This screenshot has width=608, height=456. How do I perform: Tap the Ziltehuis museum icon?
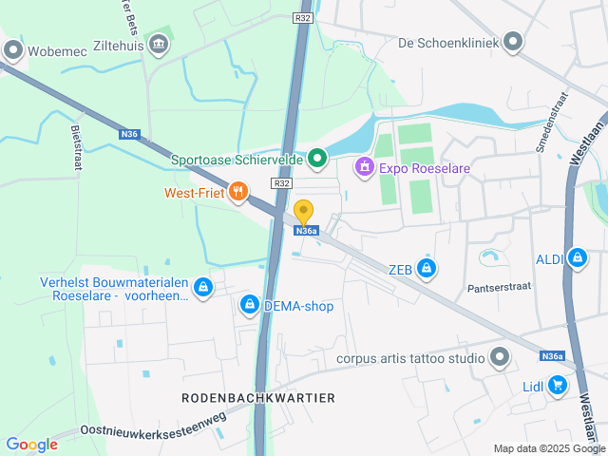click(x=160, y=43)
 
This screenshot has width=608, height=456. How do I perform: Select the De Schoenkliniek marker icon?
click(x=514, y=42)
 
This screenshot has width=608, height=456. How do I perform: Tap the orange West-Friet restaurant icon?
click(x=237, y=191)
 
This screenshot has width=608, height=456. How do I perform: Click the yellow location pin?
click(x=304, y=212)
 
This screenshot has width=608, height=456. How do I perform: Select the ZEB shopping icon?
click(x=427, y=269)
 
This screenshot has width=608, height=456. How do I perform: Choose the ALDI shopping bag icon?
click(x=577, y=256)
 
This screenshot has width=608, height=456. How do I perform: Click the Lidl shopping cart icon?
click(x=558, y=385)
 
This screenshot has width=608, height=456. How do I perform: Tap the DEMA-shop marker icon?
click(x=249, y=304)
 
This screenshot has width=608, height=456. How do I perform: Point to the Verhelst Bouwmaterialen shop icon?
click(x=201, y=287)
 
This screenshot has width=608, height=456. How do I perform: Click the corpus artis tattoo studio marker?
click(x=501, y=358)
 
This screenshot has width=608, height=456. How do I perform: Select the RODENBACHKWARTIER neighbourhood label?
click(x=258, y=397)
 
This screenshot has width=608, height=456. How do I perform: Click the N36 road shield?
click(x=130, y=135)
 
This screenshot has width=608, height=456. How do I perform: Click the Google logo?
click(x=31, y=444)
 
